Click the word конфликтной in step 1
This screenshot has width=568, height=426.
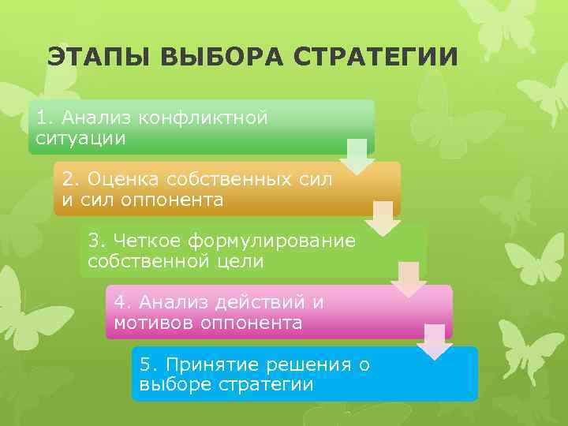click(203, 118)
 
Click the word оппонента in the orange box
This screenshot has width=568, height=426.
click(172, 200)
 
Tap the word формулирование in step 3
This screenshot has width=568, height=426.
click(279, 240)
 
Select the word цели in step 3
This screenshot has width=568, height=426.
click(242, 260)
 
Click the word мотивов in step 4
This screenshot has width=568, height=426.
click(151, 322)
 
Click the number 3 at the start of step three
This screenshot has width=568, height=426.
click(94, 240)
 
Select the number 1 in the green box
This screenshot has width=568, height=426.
click(42, 118)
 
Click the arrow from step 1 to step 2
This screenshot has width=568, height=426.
click(357, 156)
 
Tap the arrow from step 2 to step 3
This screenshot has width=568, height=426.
click(383, 219)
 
